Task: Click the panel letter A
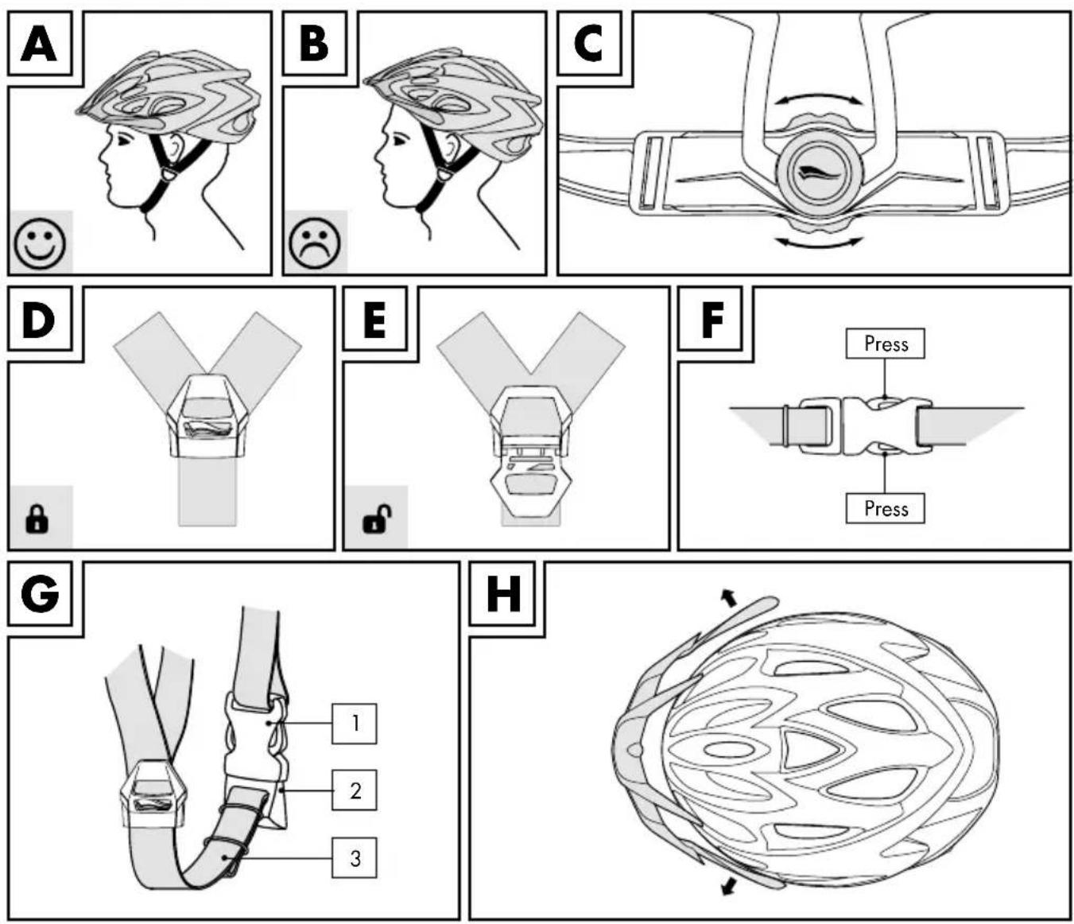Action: [39, 44]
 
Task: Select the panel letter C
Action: [588, 44]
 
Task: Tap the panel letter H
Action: [503, 593]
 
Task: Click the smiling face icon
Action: [40, 243]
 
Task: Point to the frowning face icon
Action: [315, 243]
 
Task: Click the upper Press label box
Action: [886, 343]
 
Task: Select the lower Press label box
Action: [886, 508]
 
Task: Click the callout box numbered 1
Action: [355, 723]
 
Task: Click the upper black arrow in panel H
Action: [728, 598]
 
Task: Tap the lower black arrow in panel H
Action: [730, 885]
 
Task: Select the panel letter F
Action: [712, 318]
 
